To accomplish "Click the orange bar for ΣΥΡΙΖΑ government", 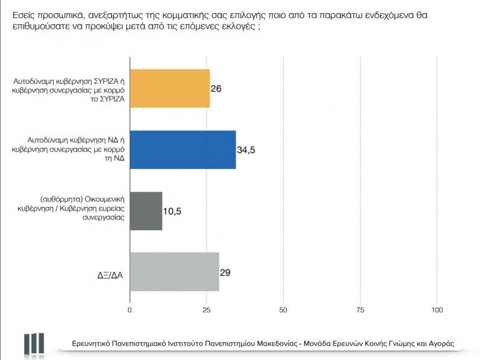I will tap(170, 89).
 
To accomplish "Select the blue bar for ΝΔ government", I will tap(183, 150).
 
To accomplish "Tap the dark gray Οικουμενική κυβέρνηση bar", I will tap(146, 211).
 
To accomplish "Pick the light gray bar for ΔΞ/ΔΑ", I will tap(174, 272).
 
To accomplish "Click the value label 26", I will tap(216, 89).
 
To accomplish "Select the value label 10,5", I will tap(173, 211).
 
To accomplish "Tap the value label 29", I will tap(225, 272).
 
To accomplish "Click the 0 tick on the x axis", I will tap(130, 310).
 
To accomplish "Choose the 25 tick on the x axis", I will tap(207, 310).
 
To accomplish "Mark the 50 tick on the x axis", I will tap(284, 310).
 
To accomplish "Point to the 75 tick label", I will tap(360, 310).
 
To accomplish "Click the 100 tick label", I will tap(437, 310).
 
